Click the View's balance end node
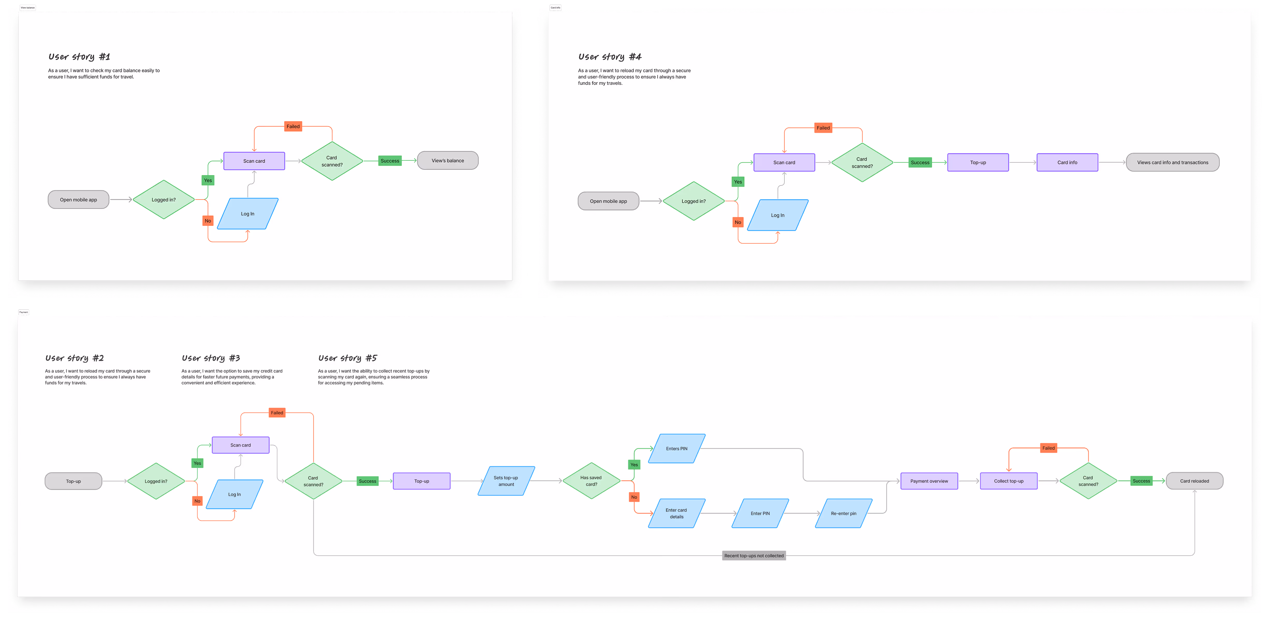coord(447,161)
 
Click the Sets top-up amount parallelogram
coord(506,481)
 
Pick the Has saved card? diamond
coord(591,481)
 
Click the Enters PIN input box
coord(676,449)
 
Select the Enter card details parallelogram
coord(676,514)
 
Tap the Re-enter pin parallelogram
coord(843,514)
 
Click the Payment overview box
coord(929,481)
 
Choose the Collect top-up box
coord(1008,481)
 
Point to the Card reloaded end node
coord(1194,481)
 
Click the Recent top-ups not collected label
coord(754,556)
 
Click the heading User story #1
coord(79,57)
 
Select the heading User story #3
coord(211,358)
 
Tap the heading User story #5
coord(347,358)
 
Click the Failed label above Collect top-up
coord(1048,448)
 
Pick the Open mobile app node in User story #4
coord(608,201)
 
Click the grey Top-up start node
coord(73,481)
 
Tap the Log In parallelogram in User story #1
coord(247,214)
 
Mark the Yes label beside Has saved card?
coord(634,465)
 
